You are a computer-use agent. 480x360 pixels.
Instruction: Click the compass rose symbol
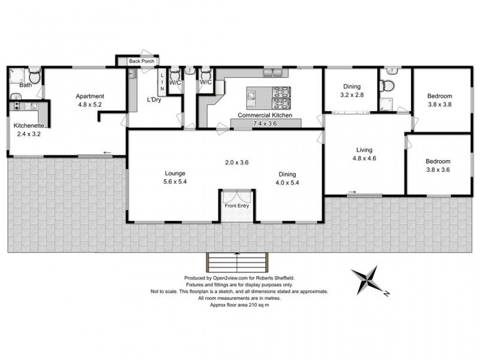(368, 281)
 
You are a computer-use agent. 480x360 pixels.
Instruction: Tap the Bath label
(25, 85)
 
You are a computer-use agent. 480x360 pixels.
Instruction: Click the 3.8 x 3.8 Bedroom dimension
(439, 104)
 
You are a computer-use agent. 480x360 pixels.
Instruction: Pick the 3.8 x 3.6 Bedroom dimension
(437, 170)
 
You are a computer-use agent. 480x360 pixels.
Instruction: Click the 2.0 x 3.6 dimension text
(236, 163)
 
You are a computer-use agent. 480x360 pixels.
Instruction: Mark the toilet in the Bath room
(34, 78)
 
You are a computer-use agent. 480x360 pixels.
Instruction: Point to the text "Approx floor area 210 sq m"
(240, 304)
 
